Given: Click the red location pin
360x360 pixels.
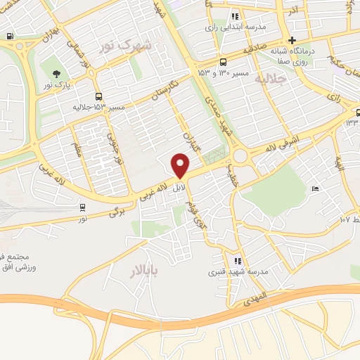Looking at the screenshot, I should click(x=181, y=166).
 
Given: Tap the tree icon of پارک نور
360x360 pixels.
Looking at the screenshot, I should click(x=56, y=72).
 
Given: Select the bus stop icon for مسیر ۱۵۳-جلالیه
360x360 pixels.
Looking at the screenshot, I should click(x=97, y=97).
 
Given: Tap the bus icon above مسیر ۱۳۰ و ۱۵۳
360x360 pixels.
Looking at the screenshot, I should click(x=223, y=60).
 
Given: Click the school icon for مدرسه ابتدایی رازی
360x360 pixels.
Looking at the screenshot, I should click(x=235, y=15).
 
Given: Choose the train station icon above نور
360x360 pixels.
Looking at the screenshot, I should click(x=83, y=207).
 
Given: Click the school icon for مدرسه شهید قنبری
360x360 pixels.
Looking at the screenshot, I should click(x=238, y=261).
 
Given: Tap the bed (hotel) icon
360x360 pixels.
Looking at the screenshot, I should click(x=315, y=189).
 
